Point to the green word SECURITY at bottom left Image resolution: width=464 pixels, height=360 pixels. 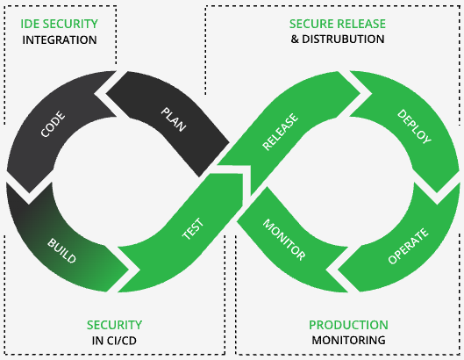tap(114, 325)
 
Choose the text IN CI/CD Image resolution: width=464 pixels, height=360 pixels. tap(114, 340)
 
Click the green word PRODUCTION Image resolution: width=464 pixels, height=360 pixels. tap(348, 325)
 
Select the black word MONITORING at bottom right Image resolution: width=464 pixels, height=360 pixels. tap(348, 340)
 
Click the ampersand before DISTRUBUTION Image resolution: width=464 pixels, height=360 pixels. tap(296, 40)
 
